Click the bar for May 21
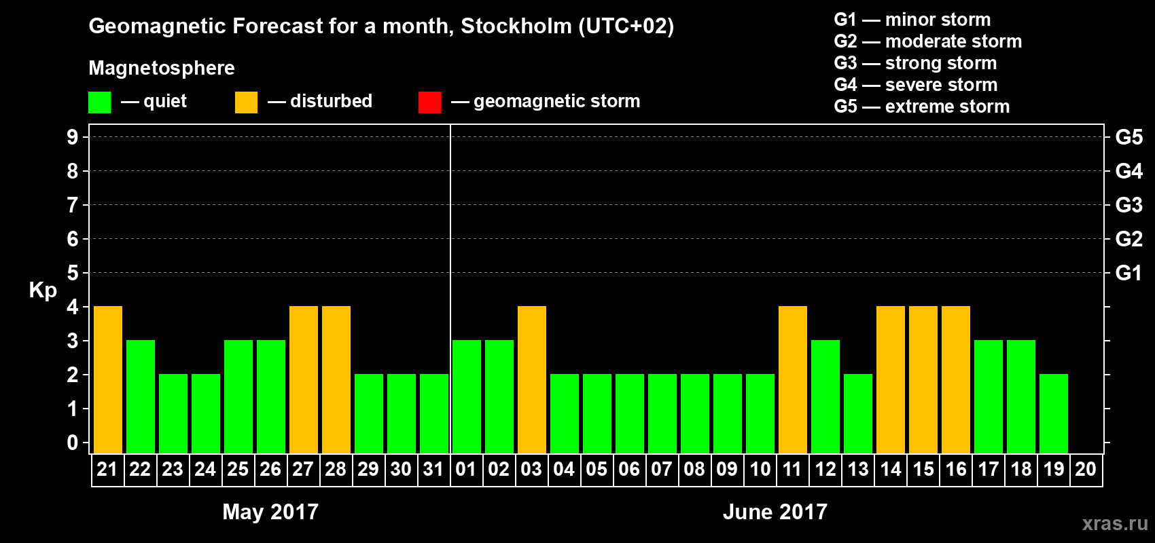pyautogui.click(x=107, y=379)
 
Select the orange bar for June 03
pyautogui.click(x=531, y=379)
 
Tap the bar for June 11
pyautogui.click(x=792, y=379)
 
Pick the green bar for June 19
pyautogui.click(x=1053, y=413)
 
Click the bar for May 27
pyautogui.click(x=303, y=379)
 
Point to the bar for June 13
pyautogui.click(x=857, y=413)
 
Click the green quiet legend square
pyautogui.click(x=99, y=102)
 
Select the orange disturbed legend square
pyautogui.click(x=246, y=102)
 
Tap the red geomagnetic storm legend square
pyautogui.click(x=429, y=102)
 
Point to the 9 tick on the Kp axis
pyautogui.click(x=73, y=137)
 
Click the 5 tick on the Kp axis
pyautogui.click(x=73, y=273)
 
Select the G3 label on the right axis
pyautogui.click(x=1129, y=205)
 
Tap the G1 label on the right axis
pyautogui.click(x=1129, y=273)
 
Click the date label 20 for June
pyautogui.click(x=1086, y=469)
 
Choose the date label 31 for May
pyautogui.click(x=433, y=469)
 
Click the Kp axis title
pyautogui.click(x=43, y=290)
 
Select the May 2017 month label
pyautogui.click(x=270, y=512)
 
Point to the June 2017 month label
pyautogui.click(x=775, y=512)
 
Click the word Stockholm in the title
pyautogui.click(x=516, y=26)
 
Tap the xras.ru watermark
pyautogui.click(x=1115, y=523)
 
